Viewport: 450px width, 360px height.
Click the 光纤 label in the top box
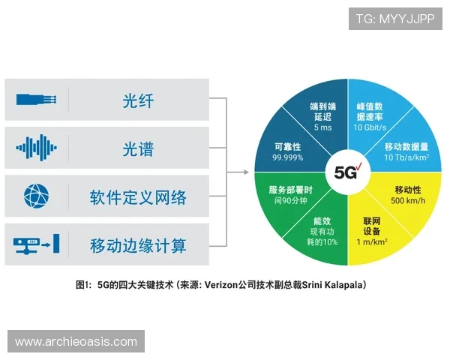tap(137, 100)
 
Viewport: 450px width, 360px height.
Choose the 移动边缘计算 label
tap(138, 244)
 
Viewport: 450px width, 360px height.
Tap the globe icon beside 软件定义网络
tap(36, 196)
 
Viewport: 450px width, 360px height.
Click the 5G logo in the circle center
tap(347, 172)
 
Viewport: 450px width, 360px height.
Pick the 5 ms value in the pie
tap(322, 127)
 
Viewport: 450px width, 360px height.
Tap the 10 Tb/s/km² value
tap(406, 158)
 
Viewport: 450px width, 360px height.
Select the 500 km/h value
tap(409, 202)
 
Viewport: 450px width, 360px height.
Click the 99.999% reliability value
tap(288, 158)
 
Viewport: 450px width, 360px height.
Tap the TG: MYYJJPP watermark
tap(395, 19)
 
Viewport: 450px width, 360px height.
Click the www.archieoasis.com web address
tap(77, 341)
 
